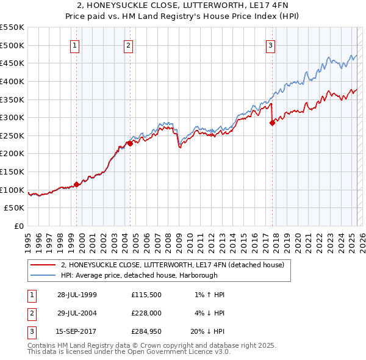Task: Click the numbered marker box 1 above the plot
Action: pyautogui.click(x=74, y=45)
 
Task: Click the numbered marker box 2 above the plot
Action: pyautogui.click(x=129, y=45)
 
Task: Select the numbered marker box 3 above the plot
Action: pyautogui.click(x=270, y=45)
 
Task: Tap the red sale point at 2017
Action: pyautogui.click(x=272, y=123)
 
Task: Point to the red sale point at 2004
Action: pyautogui.click(x=131, y=143)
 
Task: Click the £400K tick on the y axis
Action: pyautogui.click(x=13, y=81)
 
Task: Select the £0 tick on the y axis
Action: pyautogui.click(x=19, y=226)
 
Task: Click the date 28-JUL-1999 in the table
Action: pyautogui.click(x=77, y=295)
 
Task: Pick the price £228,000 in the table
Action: pyautogui.click(x=146, y=313)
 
